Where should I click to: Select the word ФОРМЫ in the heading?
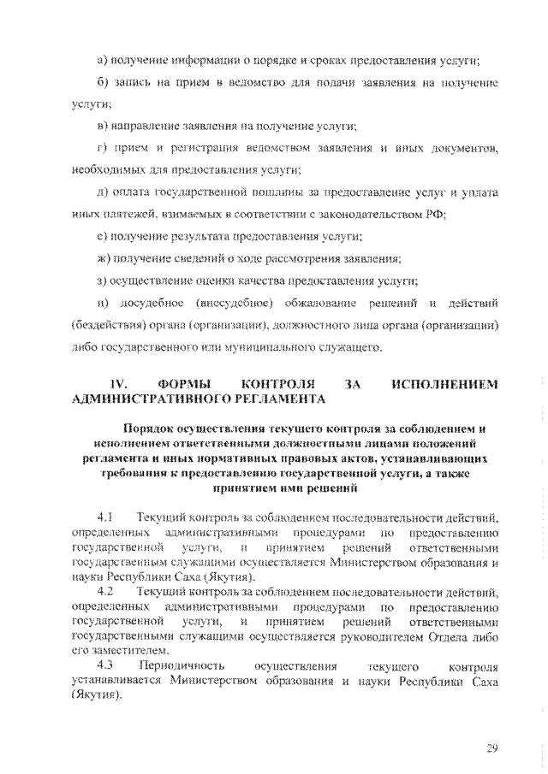[x=183, y=385]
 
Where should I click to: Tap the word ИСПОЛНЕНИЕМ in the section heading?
[x=444, y=385]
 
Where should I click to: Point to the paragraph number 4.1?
[x=105, y=517]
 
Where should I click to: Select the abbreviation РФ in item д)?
[x=437, y=214]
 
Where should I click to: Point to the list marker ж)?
[x=104, y=257]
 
